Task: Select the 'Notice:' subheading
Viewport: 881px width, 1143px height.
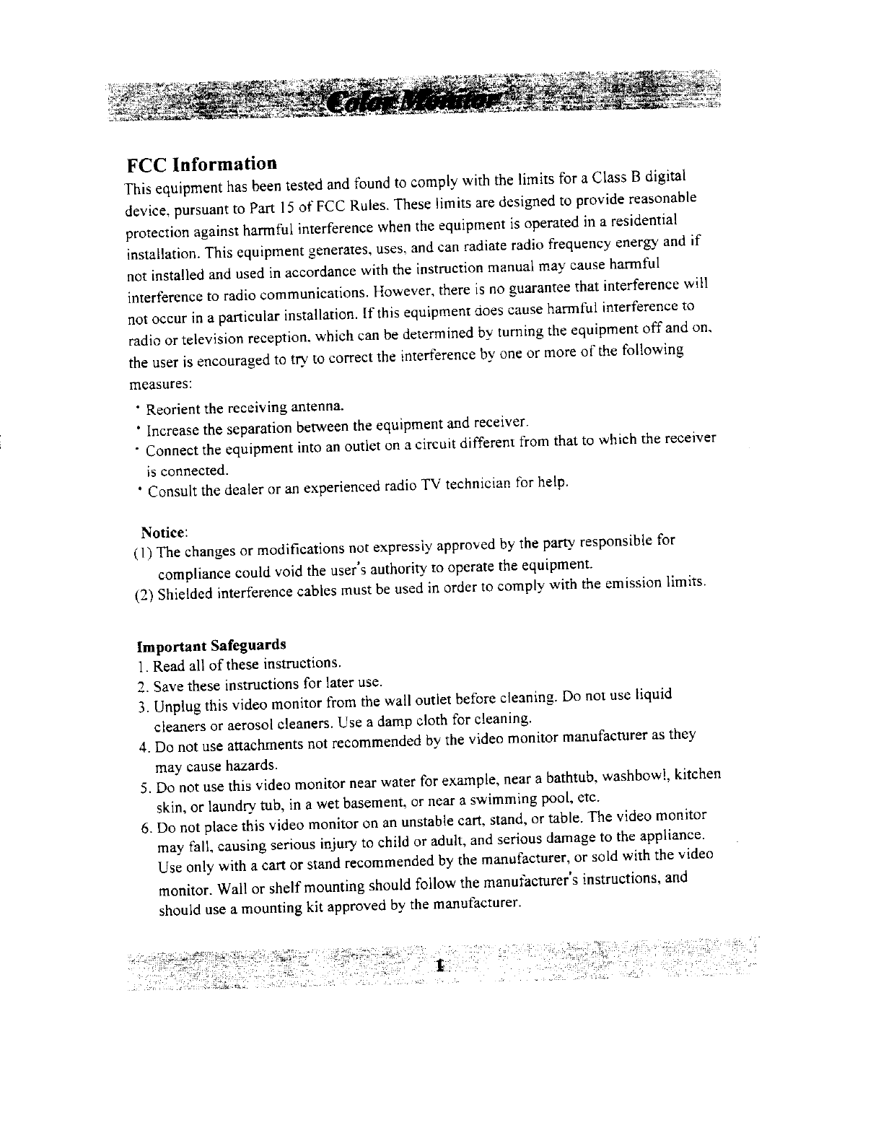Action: (x=165, y=533)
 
